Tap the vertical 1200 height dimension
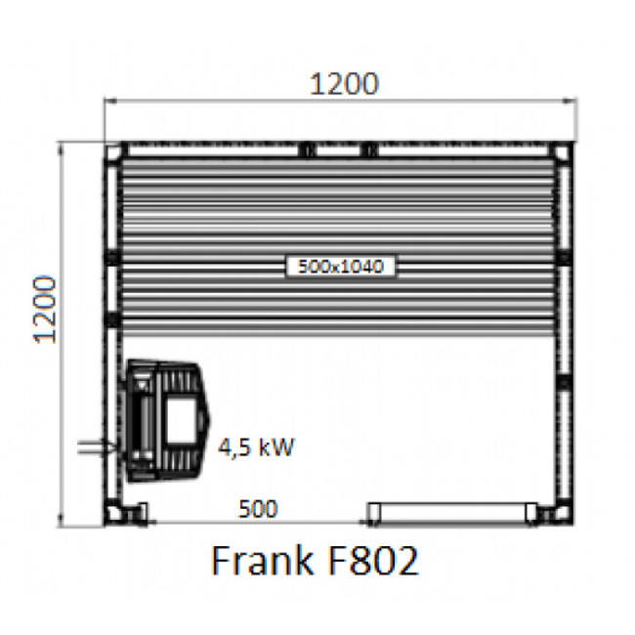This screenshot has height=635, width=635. (46, 309)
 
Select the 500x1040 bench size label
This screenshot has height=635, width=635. (342, 265)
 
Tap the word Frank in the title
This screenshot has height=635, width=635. (256, 562)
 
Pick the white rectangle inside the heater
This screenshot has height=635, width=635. (178, 418)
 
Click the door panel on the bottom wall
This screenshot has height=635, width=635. (451, 510)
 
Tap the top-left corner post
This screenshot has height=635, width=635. (115, 151)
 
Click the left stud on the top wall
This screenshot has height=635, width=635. (307, 149)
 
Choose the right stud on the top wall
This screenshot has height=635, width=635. (368, 149)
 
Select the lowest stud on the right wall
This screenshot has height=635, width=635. (564, 381)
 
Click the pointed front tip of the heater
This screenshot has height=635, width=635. (209, 420)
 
